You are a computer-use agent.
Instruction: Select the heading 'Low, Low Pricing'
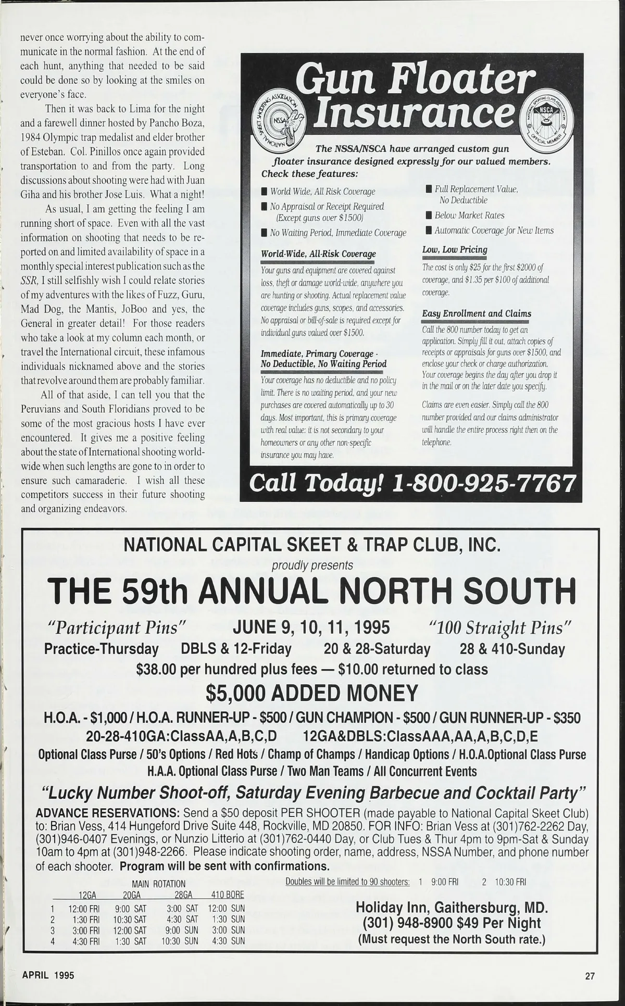click(454, 250)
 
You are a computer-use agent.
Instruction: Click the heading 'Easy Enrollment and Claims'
click(476, 313)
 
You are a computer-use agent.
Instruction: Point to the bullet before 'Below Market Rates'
click(429, 216)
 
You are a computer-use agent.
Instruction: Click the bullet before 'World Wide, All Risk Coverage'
click(264, 192)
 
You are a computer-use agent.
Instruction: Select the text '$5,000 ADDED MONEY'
click(312, 693)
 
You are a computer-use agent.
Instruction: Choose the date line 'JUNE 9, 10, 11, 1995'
click(311, 627)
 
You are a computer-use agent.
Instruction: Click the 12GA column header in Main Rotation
click(88, 895)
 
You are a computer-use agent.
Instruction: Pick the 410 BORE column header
click(228, 895)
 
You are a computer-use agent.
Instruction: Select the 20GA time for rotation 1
click(130, 909)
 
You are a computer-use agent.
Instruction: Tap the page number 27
click(590, 976)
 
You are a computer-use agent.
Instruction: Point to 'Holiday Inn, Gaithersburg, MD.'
click(452, 908)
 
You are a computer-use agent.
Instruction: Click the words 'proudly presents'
click(312, 565)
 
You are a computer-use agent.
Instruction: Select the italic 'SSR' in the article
click(28, 281)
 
